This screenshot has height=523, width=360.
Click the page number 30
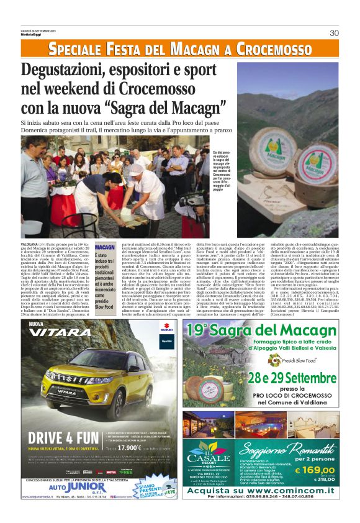(x=334, y=33)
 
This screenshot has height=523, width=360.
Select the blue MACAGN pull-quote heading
(x=104, y=247)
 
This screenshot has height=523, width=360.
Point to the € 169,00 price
(x=315, y=471)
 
